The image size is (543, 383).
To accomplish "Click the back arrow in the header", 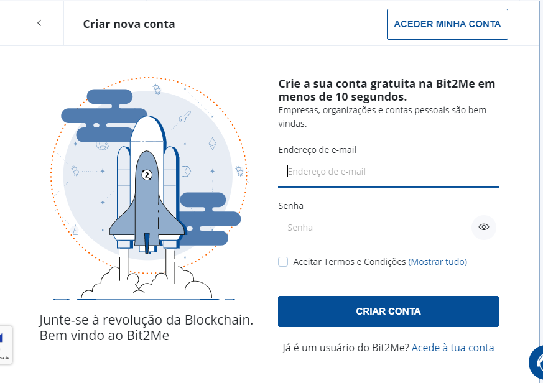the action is pos(39,23).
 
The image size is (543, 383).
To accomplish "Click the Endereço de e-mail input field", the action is pos(388,172).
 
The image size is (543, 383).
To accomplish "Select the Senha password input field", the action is pos(373,228).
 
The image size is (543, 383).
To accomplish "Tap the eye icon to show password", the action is pos(484,227).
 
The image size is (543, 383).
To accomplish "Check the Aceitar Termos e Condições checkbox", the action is pos(283,262).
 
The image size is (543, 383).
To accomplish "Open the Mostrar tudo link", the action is pos(437,262).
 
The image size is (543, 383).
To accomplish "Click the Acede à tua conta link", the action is pos(453,348).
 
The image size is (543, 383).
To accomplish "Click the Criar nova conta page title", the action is pos(129,24).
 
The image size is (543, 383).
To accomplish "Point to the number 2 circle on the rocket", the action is pos(147,175).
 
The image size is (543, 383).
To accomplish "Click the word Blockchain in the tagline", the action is pos(218,320).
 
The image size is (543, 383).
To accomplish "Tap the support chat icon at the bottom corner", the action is pos(537,364).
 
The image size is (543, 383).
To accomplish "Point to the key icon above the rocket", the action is pos(184,117).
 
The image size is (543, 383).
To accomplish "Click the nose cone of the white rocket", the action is pos(147,124).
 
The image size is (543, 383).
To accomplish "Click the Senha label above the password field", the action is pos(290,206).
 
